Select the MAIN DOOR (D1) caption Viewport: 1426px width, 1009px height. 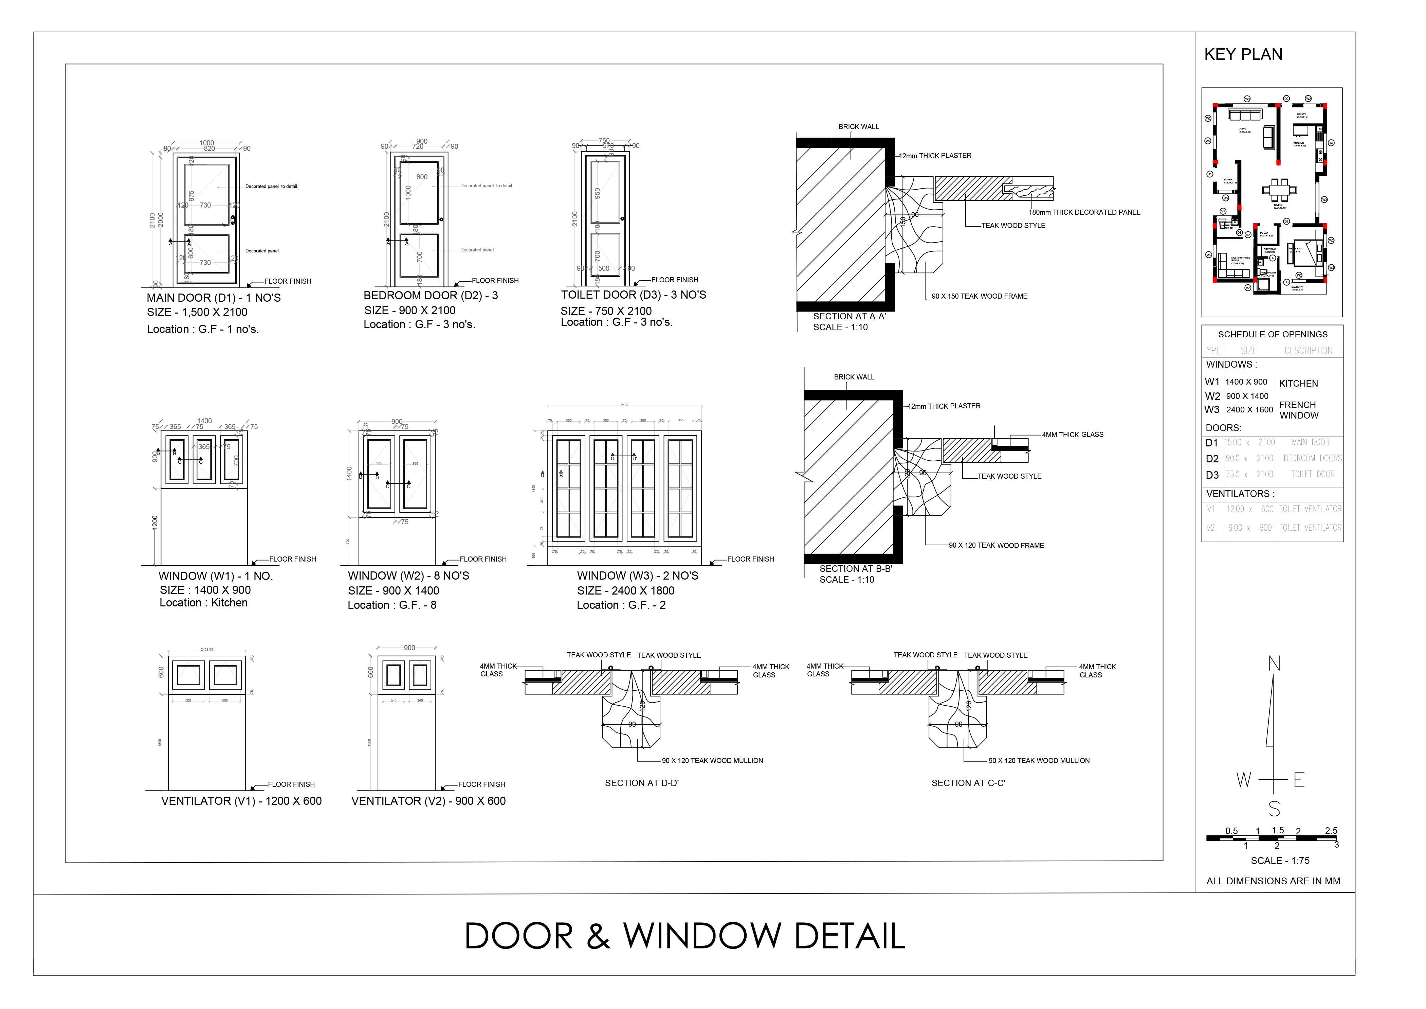[x=214, y=298]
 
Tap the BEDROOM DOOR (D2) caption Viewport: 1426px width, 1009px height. [x=431, y=296]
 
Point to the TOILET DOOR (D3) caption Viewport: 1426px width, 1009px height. [x=634, y=295]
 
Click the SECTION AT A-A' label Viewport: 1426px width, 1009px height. [x=849, y=316]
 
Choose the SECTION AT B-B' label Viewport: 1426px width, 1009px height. [x=855, y=568]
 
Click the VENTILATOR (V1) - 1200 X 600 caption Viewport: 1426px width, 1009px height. [x=242, y=801]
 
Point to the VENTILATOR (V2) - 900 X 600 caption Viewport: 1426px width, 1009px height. [x=428, y=801]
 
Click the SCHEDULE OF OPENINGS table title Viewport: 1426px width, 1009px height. [x=1273, y=334]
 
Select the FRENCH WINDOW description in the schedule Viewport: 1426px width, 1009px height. [x=1298, y=410]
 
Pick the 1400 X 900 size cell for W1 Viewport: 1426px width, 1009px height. [x=1246, y=382]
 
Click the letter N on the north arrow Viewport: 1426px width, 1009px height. [x=1274, y=664]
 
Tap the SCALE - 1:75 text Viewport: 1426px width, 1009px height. [x=1279, y=861]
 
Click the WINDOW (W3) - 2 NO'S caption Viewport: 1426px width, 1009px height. [x=637, y=576]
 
